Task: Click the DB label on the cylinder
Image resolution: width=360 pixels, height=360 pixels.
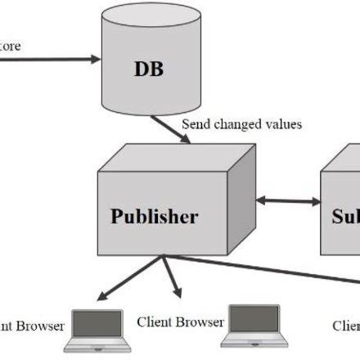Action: point(149,69)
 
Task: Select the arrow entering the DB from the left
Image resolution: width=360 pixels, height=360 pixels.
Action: point(49,59)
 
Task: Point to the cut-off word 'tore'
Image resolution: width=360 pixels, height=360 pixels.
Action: point(11,45)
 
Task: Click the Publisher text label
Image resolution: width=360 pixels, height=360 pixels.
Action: point(154,217)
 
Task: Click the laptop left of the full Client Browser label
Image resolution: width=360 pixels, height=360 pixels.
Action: point(97,328)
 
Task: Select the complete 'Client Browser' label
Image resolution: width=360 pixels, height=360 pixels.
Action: point(180,322)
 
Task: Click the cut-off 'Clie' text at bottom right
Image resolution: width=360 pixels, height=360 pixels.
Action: point(345,325)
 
